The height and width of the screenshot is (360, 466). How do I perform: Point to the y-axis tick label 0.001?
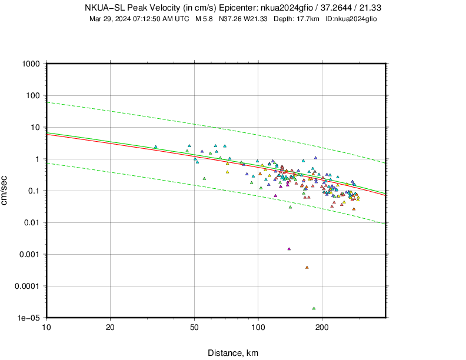(28, 254)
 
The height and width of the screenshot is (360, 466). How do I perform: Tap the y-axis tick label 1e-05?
(28, 318)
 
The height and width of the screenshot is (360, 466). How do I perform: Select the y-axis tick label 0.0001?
(26, 286)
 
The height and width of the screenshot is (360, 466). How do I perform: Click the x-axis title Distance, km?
(232, 353)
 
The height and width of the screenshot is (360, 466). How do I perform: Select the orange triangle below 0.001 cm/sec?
(307, 268)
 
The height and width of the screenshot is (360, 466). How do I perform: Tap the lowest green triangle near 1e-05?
(314, 308)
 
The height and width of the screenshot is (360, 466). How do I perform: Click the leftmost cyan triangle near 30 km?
(156, 147)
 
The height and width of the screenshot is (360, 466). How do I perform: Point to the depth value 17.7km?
(305, 19)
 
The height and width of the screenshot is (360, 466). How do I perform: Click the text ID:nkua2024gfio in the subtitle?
(351, 19)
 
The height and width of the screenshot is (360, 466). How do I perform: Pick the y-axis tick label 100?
(32, 95)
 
